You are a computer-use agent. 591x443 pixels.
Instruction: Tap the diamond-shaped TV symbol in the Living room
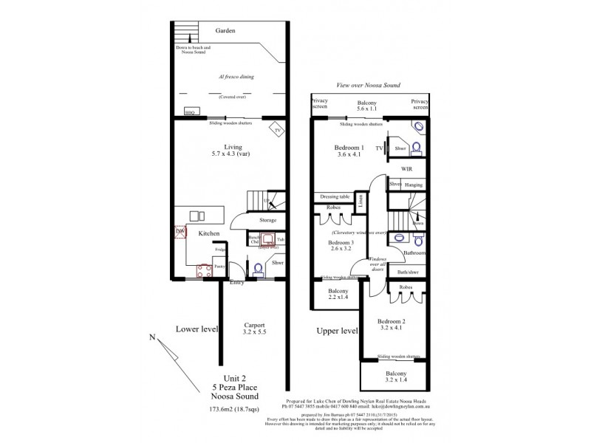(x=276, y=129)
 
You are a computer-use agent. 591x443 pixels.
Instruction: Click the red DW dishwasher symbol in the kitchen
(x=179, y=232)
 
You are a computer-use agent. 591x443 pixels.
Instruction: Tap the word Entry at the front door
(x=237, y=282)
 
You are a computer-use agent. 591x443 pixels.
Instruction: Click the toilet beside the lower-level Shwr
(x=258, y=269)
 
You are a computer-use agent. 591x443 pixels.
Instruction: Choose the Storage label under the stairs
(x=267, y=220)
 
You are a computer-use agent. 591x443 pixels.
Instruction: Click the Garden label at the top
(x=225, y=31)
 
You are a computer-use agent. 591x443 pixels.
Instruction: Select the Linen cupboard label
(x=360, y=199)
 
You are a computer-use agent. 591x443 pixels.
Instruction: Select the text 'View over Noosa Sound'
(x=367, y=86)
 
